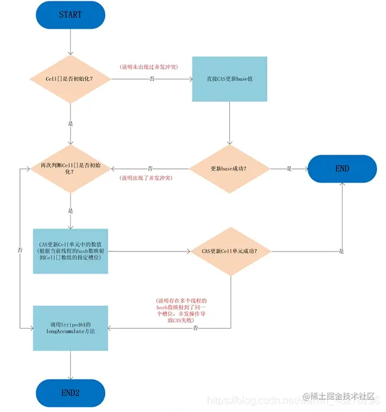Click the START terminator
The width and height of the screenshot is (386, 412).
71,14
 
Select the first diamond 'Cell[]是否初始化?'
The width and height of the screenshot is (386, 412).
71,80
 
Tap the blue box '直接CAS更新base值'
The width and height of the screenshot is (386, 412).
229,80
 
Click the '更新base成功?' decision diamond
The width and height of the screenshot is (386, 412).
229,169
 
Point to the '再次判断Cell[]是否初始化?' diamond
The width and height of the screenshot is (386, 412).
71,169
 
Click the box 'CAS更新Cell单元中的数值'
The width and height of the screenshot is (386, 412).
71,251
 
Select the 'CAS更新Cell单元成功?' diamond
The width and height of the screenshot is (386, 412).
229,251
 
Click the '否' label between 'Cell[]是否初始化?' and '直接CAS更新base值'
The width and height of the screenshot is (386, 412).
152,80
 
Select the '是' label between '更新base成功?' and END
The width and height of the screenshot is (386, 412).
289,169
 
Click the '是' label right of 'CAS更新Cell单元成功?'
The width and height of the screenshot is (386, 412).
341,251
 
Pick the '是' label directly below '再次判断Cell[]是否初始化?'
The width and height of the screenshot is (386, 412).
71,210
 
